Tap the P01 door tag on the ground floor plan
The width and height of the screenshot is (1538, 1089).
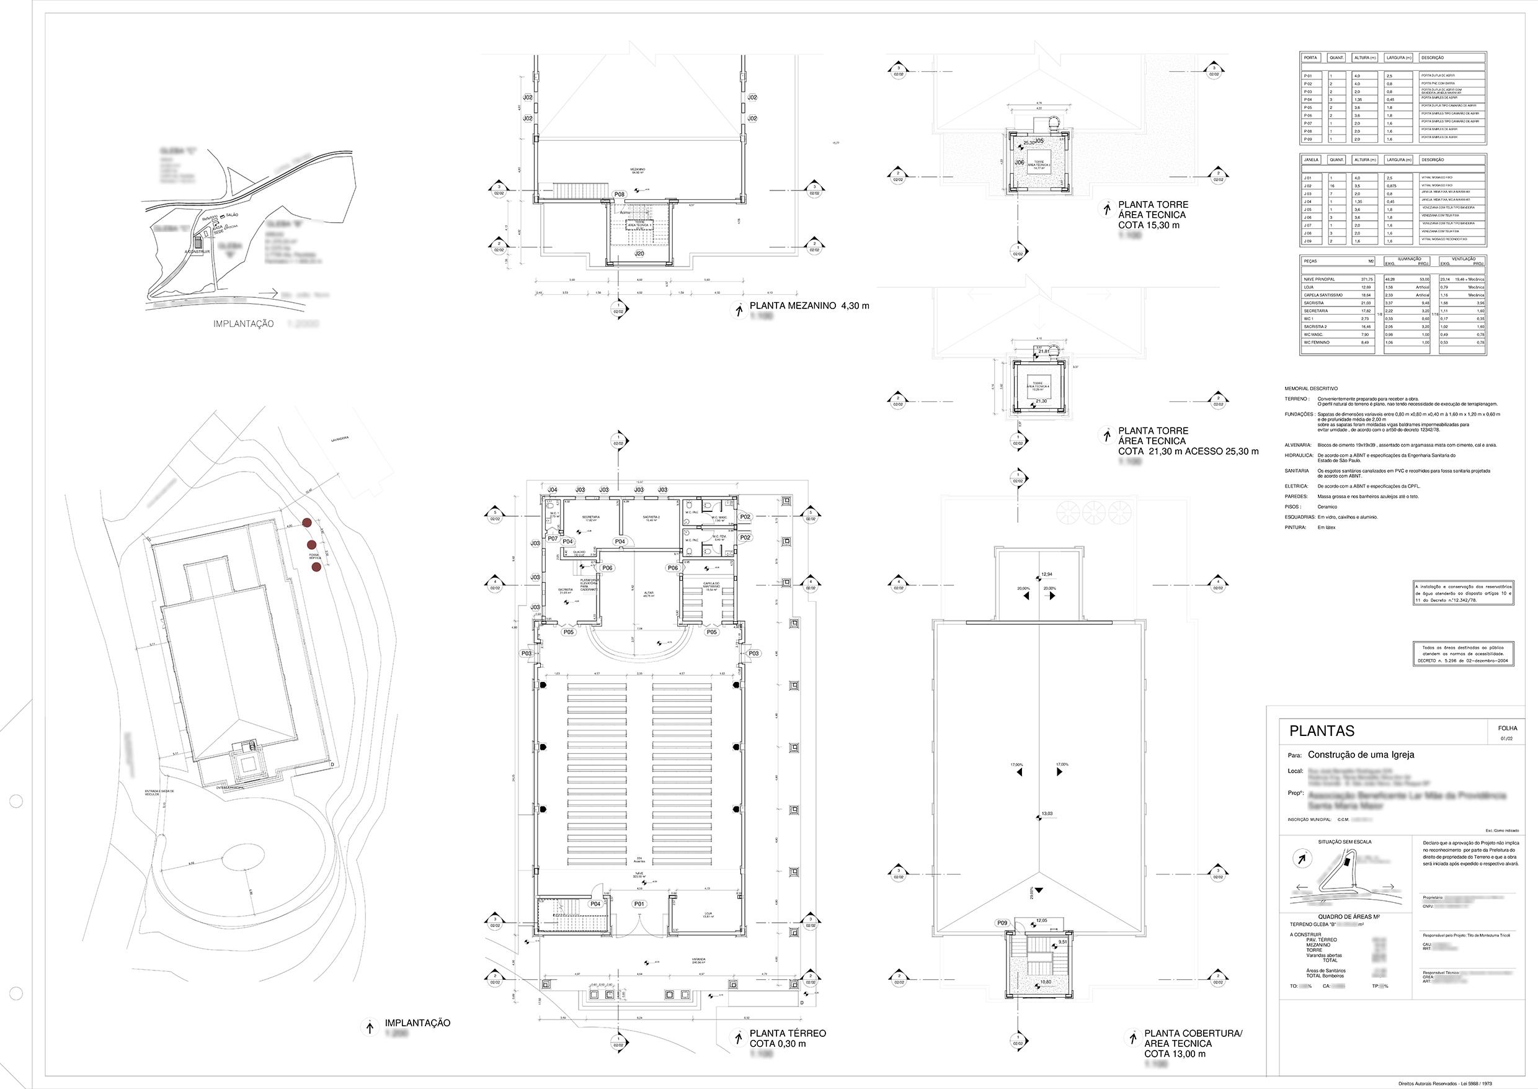(639, 904)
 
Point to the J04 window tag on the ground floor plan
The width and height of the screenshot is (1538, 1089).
(553, 490)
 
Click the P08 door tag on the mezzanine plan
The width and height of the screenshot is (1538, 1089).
(620, 194)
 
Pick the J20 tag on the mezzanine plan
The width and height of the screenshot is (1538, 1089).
(639, 255)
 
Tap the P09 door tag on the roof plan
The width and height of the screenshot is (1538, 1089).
(1002, 923)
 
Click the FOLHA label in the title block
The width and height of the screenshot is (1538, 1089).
(1507, 728)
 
